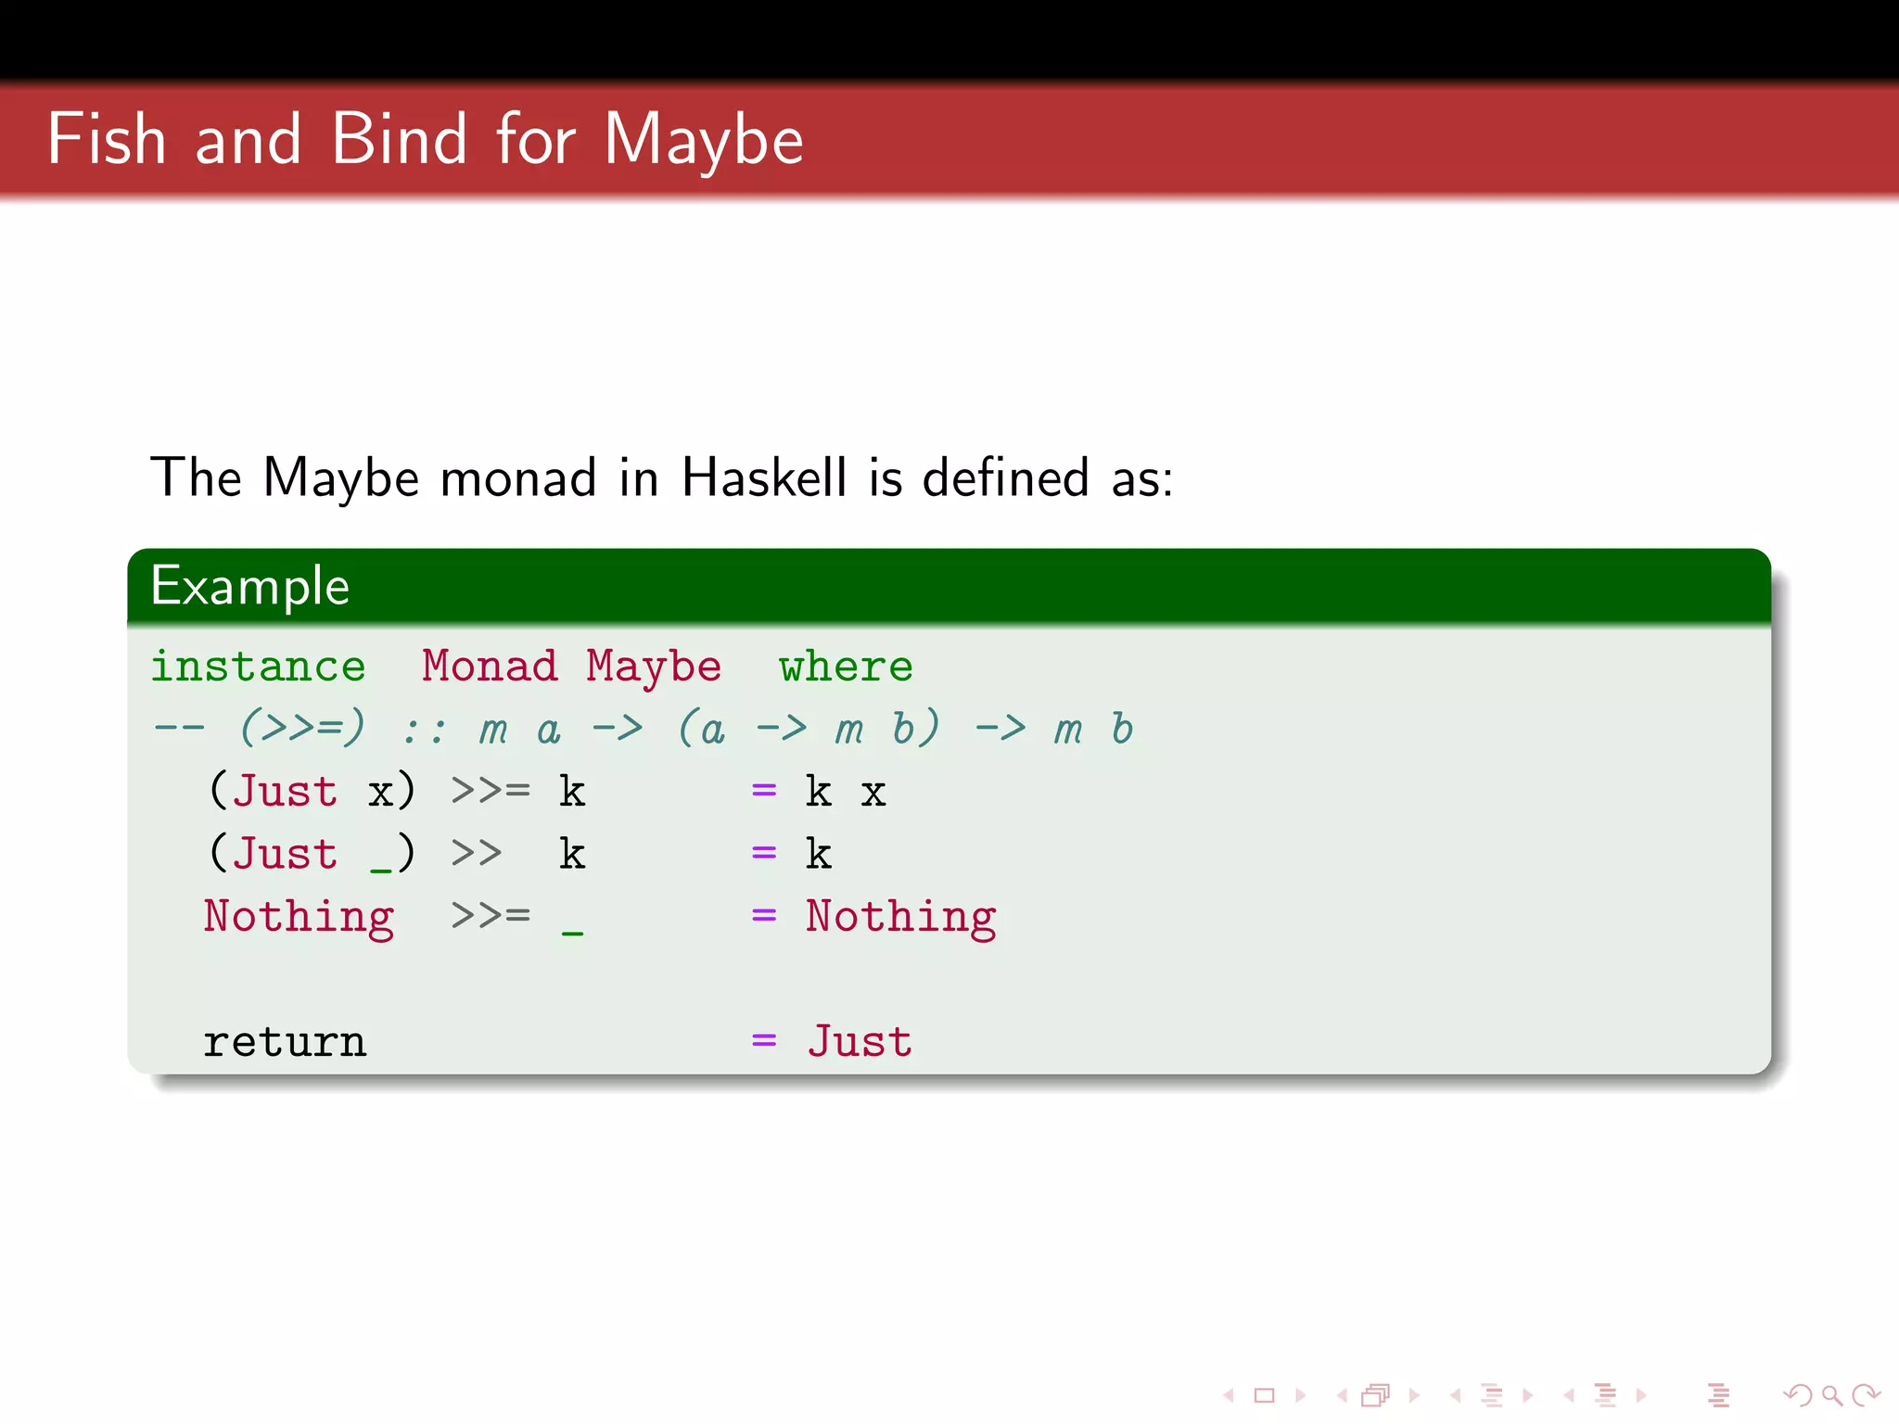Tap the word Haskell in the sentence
point(763,478)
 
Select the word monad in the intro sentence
point(517,478)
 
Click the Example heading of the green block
point(250,587)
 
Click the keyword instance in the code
point(258,667)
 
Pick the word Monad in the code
point(490,667)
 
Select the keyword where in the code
point(846,667)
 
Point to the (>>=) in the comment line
point(302,729)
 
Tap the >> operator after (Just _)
point(477,853)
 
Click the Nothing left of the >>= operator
point(299,917)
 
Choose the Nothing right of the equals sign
point(900,917)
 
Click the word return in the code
point(285,1043)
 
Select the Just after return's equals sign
point(860,1041)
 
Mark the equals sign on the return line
point(764,1041)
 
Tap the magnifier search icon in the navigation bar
point(1830,1394)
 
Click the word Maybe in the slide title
point(704,141)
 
